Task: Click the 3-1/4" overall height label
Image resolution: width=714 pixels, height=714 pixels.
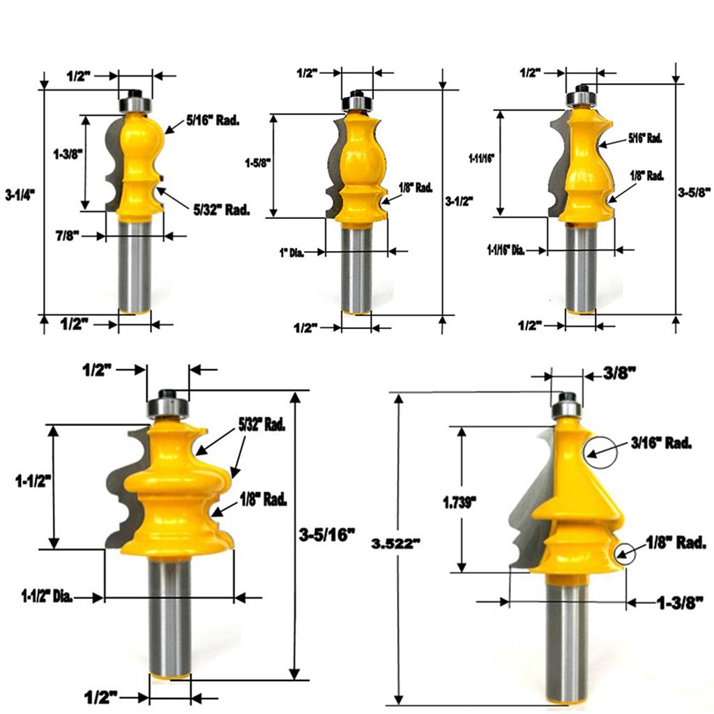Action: [x=20, y=196]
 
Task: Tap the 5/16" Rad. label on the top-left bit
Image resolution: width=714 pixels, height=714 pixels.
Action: [x=213, y=121]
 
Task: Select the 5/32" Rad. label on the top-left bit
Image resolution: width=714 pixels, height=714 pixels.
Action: [x=222, y=210]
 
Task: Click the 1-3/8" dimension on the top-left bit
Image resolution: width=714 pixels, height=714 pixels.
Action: [x=68, y=154]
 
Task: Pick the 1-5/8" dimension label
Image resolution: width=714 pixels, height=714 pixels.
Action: [x=258, y=162]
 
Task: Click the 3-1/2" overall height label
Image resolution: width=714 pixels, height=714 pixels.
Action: [x=459, y=200]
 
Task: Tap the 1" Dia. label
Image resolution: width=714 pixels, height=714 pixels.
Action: [x=291, y=252]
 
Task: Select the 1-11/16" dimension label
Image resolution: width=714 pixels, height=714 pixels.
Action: [x=481, y=158]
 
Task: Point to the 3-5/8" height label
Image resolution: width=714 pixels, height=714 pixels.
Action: [x=694, y=192]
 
